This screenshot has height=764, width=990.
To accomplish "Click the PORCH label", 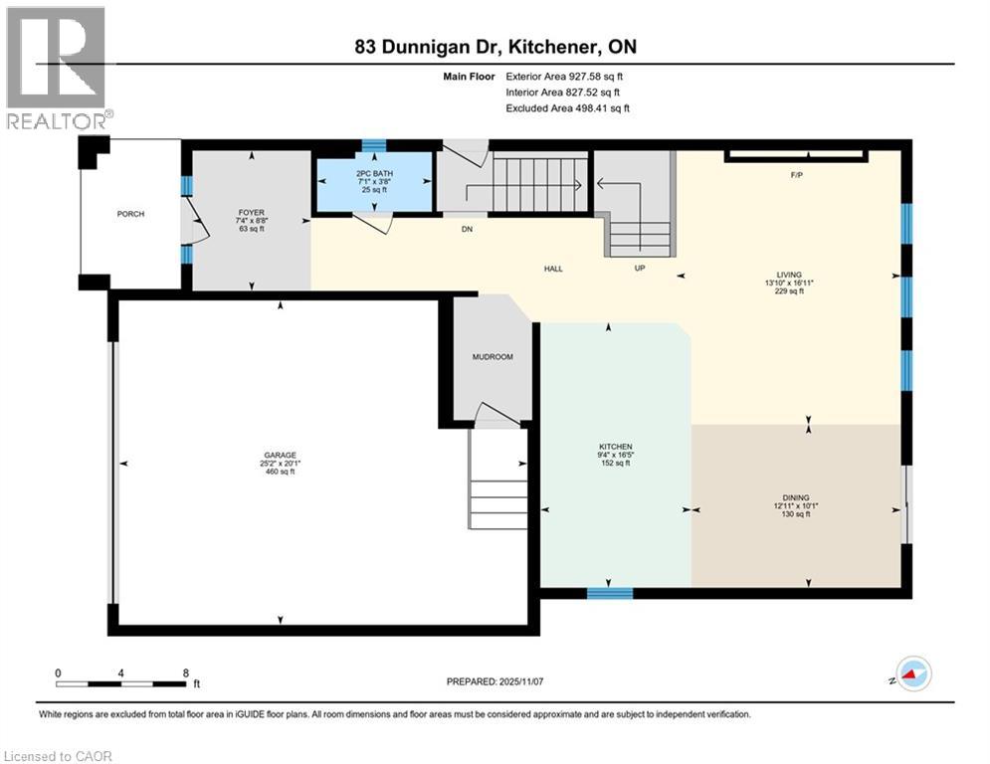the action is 130,214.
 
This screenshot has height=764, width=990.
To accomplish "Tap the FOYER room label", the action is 250,212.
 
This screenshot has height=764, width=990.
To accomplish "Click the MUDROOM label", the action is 493,356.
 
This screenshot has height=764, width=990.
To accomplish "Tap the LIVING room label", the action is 789,275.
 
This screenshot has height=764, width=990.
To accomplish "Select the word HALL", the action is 554,269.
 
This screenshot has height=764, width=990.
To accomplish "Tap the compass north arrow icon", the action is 911,673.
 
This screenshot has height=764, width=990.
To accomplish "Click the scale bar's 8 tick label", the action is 185,672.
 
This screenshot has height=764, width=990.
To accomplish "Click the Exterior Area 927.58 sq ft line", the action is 564,76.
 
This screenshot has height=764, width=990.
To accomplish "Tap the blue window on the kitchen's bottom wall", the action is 609,593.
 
